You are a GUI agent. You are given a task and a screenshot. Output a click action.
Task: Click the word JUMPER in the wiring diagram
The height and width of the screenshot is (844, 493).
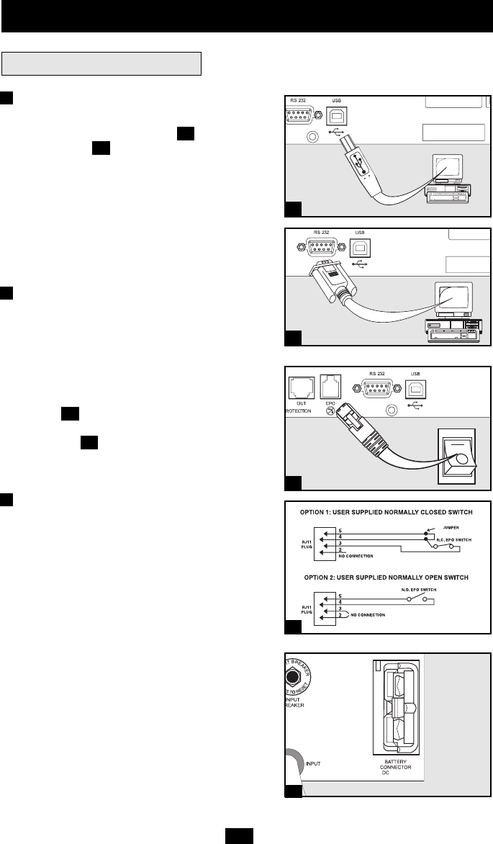[451, 529]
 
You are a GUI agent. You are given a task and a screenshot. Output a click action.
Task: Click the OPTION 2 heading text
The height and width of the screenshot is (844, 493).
[388, 578]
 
